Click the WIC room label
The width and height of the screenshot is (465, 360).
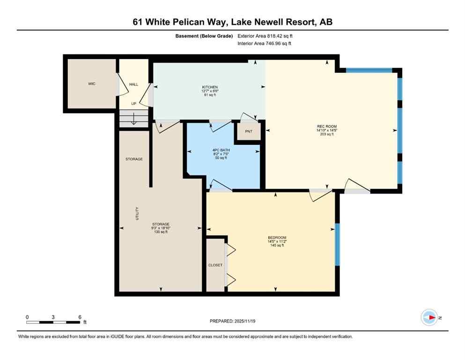92,84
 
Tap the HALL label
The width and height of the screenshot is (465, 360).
133,84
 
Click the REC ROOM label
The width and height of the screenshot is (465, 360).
327,127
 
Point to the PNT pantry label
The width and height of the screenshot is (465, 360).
249,131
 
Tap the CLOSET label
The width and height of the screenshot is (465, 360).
215,265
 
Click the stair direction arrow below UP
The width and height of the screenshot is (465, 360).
133,119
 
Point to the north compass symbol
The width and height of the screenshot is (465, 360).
429,317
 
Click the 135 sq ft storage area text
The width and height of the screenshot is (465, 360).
161,232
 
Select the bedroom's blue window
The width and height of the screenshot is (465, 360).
337,245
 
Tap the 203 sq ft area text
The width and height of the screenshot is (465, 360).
327,135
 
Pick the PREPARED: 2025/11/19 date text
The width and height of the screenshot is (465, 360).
233,321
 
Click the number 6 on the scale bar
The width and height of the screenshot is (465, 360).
80,316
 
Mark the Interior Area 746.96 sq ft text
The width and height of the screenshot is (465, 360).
265,44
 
